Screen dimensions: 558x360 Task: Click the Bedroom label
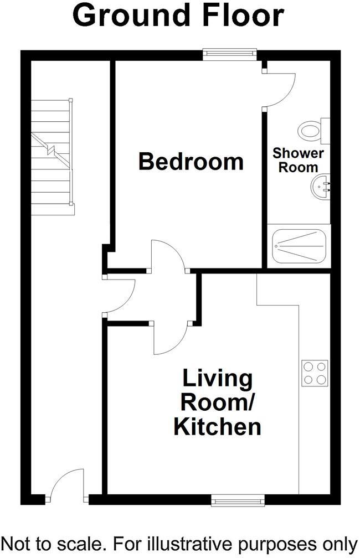191,162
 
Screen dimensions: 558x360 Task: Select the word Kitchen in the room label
217,427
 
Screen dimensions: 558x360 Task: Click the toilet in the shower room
312,131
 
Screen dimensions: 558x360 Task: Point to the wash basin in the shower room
320,188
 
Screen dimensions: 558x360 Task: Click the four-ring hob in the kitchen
315,373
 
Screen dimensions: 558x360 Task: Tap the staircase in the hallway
52,156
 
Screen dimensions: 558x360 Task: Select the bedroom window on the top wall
230,53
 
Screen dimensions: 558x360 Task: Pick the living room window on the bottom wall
238,501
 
